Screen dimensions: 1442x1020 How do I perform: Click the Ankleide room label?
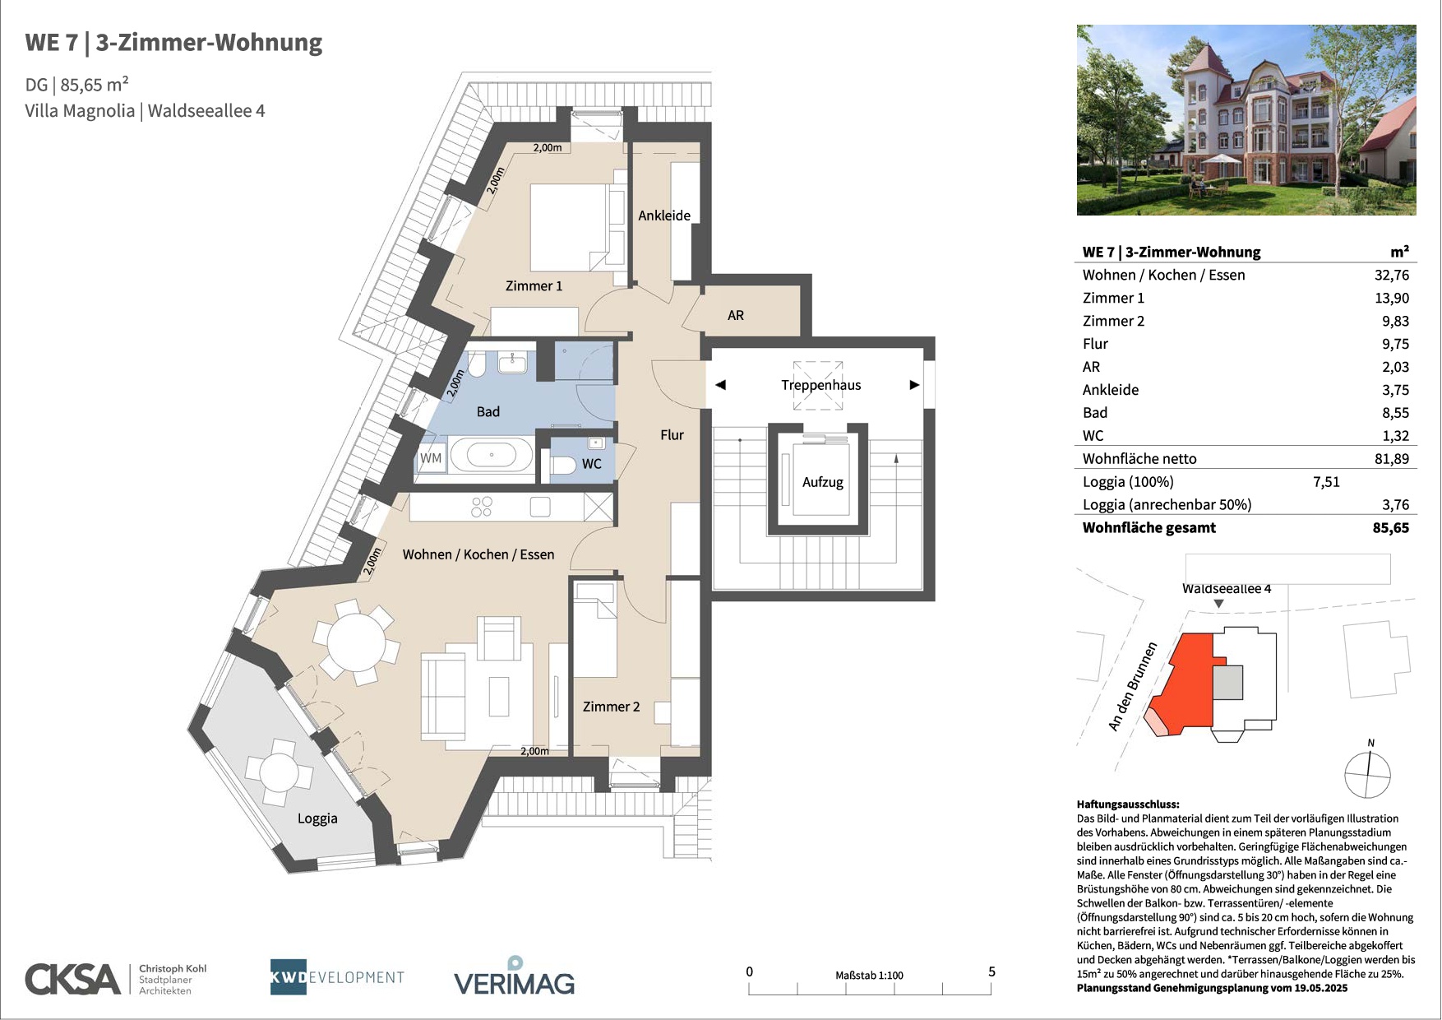[x=664, y=216]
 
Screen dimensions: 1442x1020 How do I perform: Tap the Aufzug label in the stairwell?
[x=823, y=482]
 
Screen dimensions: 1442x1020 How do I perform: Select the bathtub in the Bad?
[x=492, y=455]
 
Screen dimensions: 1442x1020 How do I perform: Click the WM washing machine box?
[x=431, y=458]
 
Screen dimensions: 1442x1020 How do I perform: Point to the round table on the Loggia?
[x=279, y=772]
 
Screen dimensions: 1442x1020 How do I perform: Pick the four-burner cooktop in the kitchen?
[x=482, y=507]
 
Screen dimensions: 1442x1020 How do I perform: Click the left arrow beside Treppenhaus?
[x=720, y=385]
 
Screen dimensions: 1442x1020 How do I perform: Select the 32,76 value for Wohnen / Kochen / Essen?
[x=1392, y=276]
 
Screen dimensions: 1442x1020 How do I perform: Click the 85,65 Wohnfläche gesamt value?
[x=1391, y=528]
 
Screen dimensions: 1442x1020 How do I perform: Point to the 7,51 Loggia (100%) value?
[x=1326, y=482]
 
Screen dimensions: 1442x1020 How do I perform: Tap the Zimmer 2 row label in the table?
[x=1113, y=322]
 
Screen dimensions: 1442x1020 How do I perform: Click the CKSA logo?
[x=73, y=979]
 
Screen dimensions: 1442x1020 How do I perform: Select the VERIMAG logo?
[x=515, y=976]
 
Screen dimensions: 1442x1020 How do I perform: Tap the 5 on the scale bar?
[x=991, y=971]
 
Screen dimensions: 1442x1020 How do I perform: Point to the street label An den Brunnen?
[x=1132, y=687]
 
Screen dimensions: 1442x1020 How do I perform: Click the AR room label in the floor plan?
[x=736, y=315]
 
